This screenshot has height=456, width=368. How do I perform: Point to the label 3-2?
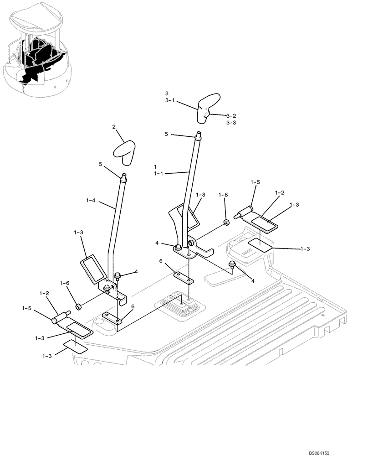click(231, 116)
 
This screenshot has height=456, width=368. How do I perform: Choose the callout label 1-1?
click(158, 173)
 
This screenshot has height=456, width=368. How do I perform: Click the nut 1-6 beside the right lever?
click(225, 223)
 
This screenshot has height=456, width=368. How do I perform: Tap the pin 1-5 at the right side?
click(245, 212)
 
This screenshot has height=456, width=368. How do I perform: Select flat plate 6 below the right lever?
click(183, 276)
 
